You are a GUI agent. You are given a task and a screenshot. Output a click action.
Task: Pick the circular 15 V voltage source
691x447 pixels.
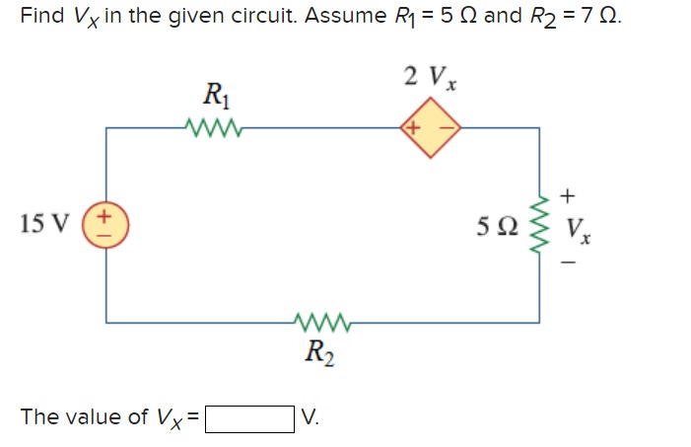click(106, 224)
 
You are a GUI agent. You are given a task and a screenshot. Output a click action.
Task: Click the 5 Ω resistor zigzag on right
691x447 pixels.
click(539, 224)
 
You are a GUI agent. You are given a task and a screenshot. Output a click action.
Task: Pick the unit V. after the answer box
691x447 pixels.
click(310, 417)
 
